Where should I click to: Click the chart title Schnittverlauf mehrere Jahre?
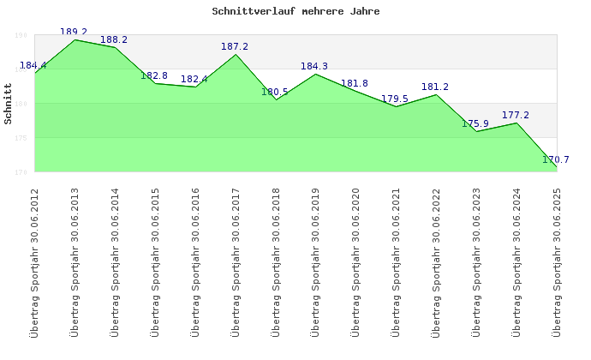[295, 12]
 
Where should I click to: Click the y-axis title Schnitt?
[9, 104]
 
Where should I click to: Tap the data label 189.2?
[74, 32]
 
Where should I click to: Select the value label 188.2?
[114, 39]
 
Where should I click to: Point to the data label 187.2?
[235, 46]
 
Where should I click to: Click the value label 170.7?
[556, 159]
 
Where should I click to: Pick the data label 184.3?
[314, 66]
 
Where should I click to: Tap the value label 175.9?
[475, 123]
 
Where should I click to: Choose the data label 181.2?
[435, 87]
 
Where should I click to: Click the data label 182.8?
[154, 75]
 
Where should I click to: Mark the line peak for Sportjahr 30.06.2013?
[75, 40]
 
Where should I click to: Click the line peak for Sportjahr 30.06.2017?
[236, 55]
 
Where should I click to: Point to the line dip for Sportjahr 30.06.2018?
[276, 100]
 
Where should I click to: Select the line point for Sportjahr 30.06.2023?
[476, 131]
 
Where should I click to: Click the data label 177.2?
[516, 115]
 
